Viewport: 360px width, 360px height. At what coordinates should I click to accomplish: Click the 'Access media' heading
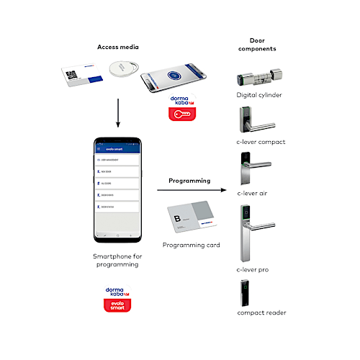point(118,47)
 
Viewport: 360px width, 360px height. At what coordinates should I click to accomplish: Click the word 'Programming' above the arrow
point(189,181)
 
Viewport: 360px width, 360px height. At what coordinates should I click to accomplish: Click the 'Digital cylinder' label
point(258,95)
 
